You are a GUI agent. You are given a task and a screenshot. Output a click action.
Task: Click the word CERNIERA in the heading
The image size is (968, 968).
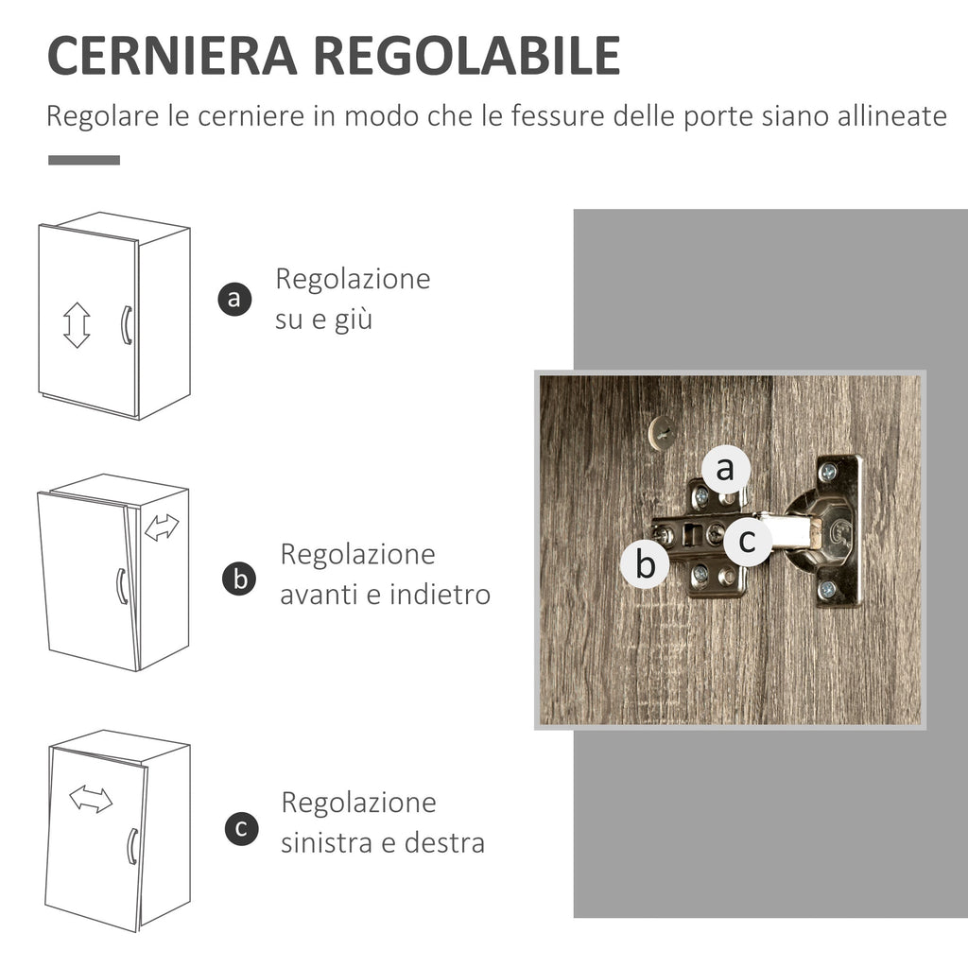(x=172, y=56)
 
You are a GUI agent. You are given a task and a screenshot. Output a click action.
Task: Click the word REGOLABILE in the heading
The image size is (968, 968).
(x=467, y=56)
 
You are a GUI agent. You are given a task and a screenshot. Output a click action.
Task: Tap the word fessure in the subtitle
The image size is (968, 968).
(x=558, y=115)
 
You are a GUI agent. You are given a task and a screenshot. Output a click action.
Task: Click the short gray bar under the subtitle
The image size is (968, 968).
(x=84, y=160)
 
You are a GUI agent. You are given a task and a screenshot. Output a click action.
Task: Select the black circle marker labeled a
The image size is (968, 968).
(x=234, y=300)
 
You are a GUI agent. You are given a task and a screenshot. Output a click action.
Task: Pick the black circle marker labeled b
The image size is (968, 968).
(x=239, y=579)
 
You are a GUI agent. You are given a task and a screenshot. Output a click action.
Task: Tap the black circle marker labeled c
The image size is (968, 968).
(x=241, y=828)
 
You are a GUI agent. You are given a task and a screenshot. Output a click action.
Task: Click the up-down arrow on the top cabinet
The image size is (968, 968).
(x=77, y=325)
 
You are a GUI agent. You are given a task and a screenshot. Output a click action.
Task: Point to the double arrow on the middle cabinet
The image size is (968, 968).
(x=162, y=527)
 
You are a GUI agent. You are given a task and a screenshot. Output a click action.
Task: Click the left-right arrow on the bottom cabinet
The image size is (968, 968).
(x=91, y=799)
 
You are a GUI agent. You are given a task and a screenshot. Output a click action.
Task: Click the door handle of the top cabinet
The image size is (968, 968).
(x=126, y=325)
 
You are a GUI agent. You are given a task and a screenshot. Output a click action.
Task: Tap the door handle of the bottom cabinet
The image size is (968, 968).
(x=132, y=846)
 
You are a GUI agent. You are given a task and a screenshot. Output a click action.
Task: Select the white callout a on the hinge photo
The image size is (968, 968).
(x=725, y=469)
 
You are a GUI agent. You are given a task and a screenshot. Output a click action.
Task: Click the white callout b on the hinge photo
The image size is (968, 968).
(x=645, y=563)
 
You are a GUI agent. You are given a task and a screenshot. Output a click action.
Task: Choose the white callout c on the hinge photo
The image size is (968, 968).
(x=747, y=541)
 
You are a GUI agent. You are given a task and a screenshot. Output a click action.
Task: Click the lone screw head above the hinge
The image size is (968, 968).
(x=663, y=432)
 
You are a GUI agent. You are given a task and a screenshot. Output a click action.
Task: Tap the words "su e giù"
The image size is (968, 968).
(x=323, y=320)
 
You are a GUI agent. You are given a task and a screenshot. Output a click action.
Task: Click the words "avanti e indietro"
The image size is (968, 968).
(x=386, y=595)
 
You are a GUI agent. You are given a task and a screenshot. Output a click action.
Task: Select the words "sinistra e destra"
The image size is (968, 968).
(x=383, y=842)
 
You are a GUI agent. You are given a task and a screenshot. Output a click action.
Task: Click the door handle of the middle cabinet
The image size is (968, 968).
(x=122, y=586)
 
